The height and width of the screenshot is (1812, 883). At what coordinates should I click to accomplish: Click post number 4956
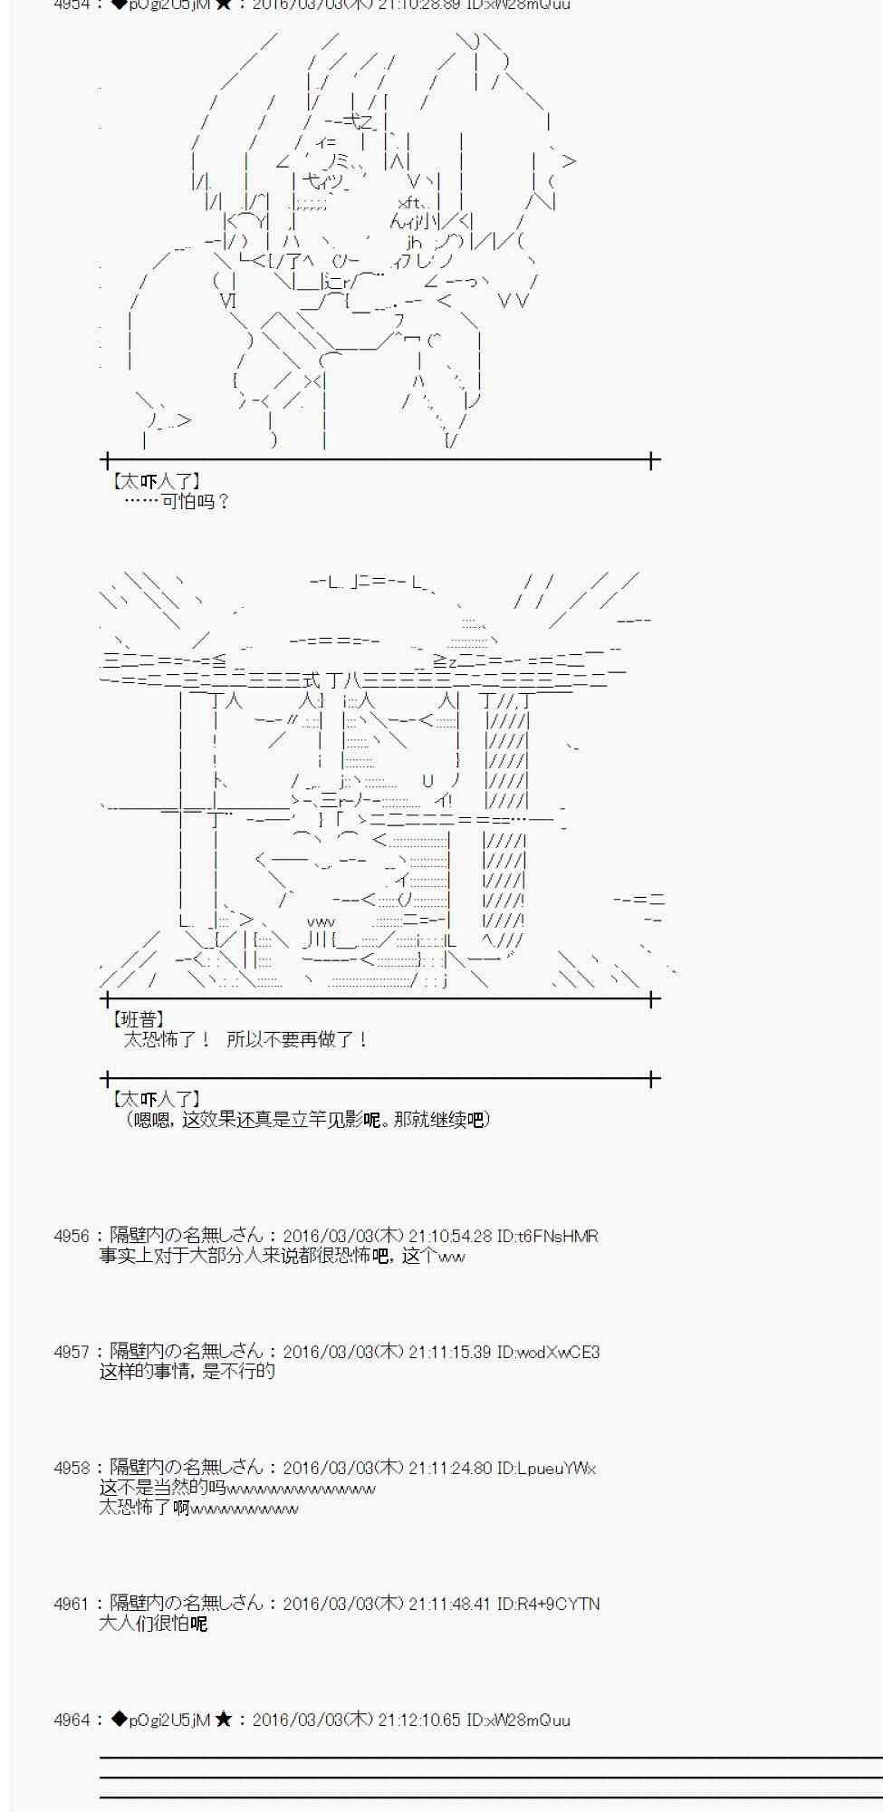[x=72, y=1236]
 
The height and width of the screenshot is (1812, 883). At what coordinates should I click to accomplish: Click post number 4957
[x=72, y=1352]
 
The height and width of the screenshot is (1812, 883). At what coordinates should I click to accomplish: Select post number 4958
[x=72, y=1468]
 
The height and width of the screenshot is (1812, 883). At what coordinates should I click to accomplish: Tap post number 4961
[x=72, y=1604]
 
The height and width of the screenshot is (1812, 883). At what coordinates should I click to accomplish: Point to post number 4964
[x=72, y=1720]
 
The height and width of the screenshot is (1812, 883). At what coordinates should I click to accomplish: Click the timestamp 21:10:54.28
[x=450, y=1236]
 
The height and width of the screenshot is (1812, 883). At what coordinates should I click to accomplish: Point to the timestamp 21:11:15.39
[x=450, y=1352]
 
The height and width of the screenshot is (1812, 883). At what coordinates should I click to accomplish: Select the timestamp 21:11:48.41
[x=450, y=1604]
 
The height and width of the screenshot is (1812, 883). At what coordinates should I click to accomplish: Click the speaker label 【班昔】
[x=136, y=1020]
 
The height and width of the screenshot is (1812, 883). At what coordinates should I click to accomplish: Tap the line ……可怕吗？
[x=178, y=501]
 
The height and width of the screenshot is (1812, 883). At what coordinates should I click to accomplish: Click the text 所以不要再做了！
[x=297, y=1040]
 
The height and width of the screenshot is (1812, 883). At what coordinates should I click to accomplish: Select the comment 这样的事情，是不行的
[x=187, y=1372]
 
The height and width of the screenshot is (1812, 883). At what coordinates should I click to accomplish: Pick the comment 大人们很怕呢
[x=153, y=1624]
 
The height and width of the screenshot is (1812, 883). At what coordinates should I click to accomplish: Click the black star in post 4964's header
[x=225, y=1720]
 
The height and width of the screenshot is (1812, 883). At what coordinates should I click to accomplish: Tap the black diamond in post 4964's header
[x=119, y=1720]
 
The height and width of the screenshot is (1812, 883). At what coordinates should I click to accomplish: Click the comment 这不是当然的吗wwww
[x=237, y=1489]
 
